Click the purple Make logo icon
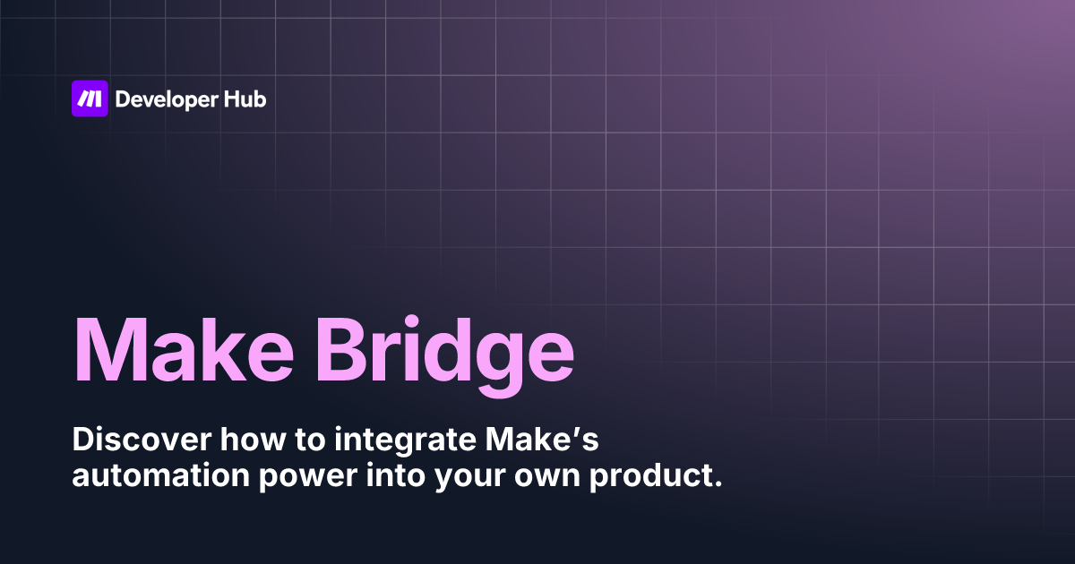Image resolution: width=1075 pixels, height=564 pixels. pyautogui.click(x=90, y=98)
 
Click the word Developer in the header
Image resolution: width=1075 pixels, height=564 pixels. pyautogui.click(x=167, y=100)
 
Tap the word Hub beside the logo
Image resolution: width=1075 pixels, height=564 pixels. pyautogui.click(x=245, y=98)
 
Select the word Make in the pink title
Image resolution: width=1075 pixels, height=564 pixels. pyautogui.click(x=184, y=350)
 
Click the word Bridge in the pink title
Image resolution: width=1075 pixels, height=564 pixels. pyautogui.click(x=444, y=356)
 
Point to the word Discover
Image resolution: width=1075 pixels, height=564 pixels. pyautogui.click(x=142, y=440)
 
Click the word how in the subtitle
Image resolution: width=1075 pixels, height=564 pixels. pyautogui.click(x=253, y=440)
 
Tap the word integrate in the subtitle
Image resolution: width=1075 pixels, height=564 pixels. pyautogui.click(x=406, y=442)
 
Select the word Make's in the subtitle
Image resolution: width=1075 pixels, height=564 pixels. pyautogui.click(x=542, y=440)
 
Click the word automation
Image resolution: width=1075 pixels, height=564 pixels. pyautogui.click(x=160, y=475)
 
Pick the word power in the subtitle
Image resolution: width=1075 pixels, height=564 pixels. pyautogui.click(x=308, y=478)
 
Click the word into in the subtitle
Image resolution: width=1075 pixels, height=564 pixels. pyautogui.click(x=396, y=474)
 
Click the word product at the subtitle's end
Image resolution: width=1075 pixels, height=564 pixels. pyautogui.click(x=651, y=476)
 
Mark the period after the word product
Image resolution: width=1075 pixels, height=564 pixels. pyautogui.click(x=718, y=484)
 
